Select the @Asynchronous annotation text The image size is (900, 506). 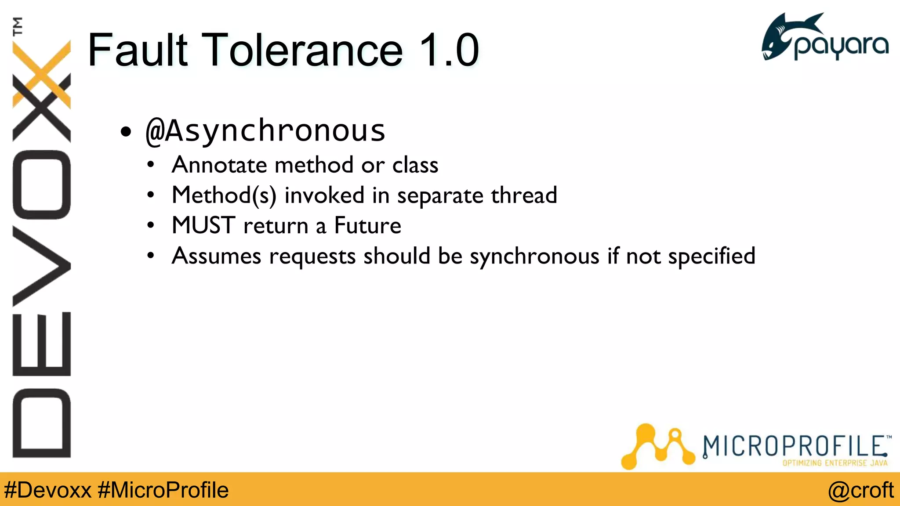(265, 131)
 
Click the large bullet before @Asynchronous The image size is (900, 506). (126, 131)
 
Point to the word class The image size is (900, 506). (415, 165)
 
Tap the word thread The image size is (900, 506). (524, 195)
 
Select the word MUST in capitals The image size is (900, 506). (203, 226)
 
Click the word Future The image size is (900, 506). (367, 226)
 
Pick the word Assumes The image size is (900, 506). (216, 256)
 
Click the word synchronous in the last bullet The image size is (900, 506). (534, 257)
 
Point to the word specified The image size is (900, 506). (711, 256)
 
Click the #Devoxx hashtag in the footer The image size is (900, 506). (47, 490)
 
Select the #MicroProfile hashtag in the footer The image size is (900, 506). (163, 490)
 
